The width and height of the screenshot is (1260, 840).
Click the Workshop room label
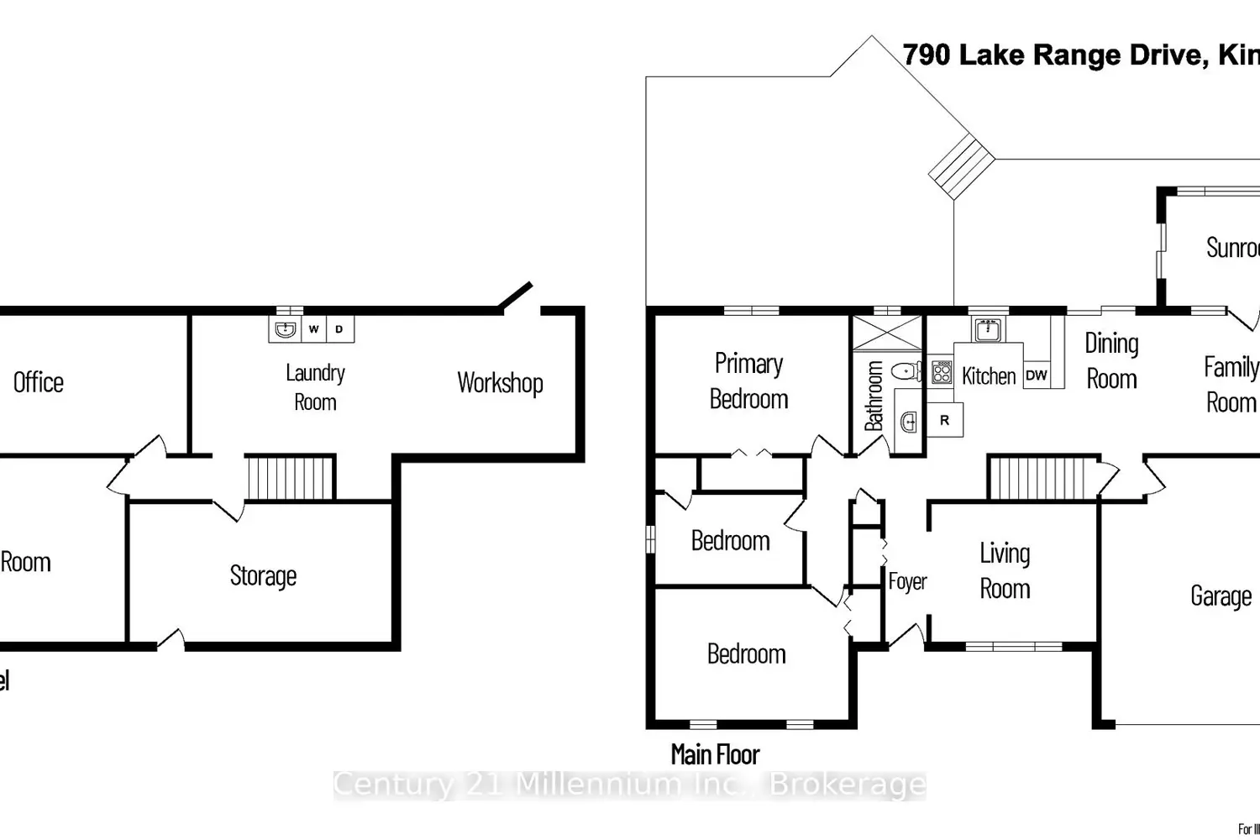(x=500, y=383)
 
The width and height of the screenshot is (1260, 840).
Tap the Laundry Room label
(x=315, y=386)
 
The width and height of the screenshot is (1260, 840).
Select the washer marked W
(x=313, y=329)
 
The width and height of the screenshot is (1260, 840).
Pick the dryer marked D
(x=339, y=329)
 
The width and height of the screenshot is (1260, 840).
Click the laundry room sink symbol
(x=286, y=328)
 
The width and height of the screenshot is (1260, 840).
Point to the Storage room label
(x=263, y=576)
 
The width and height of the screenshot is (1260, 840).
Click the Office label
(x=39, y=383)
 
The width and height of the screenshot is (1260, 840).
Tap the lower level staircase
(x=290, y=478)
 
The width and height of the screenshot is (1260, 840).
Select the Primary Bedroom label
(x=748, y=381)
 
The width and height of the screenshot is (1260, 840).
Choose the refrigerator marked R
(x=944, y=420)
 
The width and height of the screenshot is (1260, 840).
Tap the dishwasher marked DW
(x=1037, y=375)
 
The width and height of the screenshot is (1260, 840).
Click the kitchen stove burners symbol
(x=942, y=372)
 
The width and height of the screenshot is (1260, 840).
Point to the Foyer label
(x=907, y=581)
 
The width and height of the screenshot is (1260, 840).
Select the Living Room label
(x=1005, y=570)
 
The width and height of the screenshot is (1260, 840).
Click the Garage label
(x=1221, y=596)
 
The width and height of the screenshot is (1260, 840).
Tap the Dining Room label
(x=1111, y=360)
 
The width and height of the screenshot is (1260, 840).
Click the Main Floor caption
(x=715, y=754)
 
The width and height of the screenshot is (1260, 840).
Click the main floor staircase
(x=1043, y=479)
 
